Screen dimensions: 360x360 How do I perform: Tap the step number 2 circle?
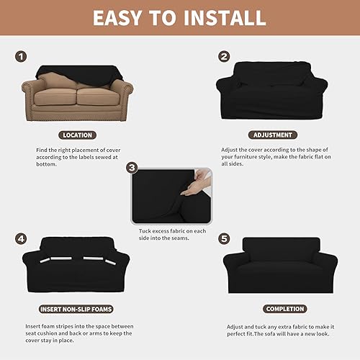pos(224,56)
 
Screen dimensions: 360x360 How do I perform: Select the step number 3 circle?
pos(131,168)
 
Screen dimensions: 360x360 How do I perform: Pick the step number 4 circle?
pos(22,237)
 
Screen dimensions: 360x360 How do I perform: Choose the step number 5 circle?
pos(224,237)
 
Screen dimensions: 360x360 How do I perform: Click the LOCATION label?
pos(76,135)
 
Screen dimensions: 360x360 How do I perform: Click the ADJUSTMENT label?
pos(272,135)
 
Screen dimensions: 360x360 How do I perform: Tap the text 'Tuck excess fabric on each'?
pos(172,230)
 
